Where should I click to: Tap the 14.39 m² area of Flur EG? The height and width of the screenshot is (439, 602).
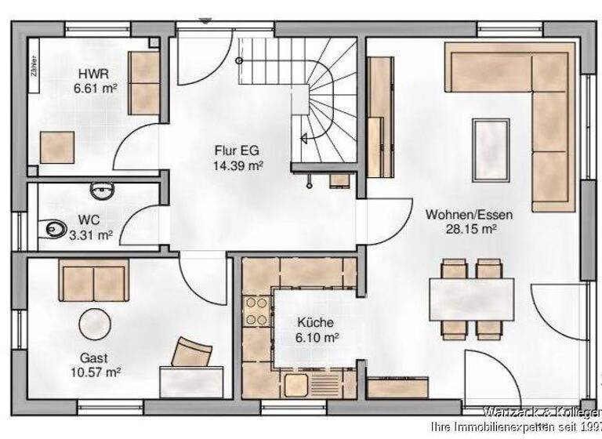point(237,165)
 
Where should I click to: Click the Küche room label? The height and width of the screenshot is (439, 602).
point(315,322)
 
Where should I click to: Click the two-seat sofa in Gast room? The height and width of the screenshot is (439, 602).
point(92,280)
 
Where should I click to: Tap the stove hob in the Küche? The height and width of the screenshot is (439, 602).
point(256,310)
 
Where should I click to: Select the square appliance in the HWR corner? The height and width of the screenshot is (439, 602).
point(58,147)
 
